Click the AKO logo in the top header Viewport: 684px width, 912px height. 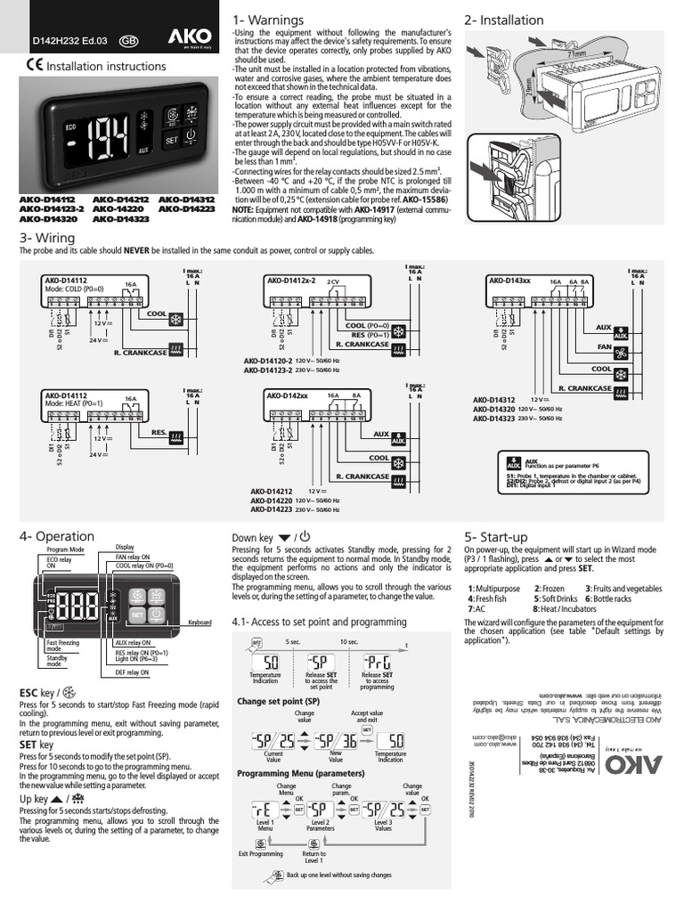point(188,38)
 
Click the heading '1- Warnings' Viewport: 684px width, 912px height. point(267,20)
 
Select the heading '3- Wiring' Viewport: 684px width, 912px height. point(47,238)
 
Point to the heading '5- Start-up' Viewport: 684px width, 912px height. point(496,536)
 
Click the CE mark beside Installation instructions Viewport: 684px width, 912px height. point(33,65)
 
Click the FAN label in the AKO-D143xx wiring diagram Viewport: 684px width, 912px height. point(604,348)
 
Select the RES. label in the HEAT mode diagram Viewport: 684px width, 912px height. point(159,432)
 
